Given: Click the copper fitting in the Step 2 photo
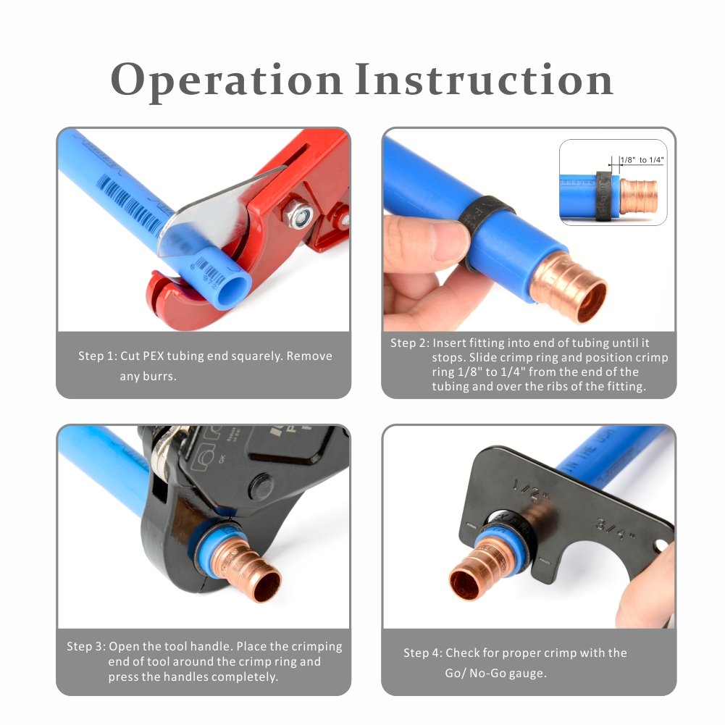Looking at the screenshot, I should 569,287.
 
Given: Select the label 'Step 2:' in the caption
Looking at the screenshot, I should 410,343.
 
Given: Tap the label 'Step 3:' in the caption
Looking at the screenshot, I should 86,646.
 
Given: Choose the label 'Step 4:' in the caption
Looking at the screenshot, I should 422,653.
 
